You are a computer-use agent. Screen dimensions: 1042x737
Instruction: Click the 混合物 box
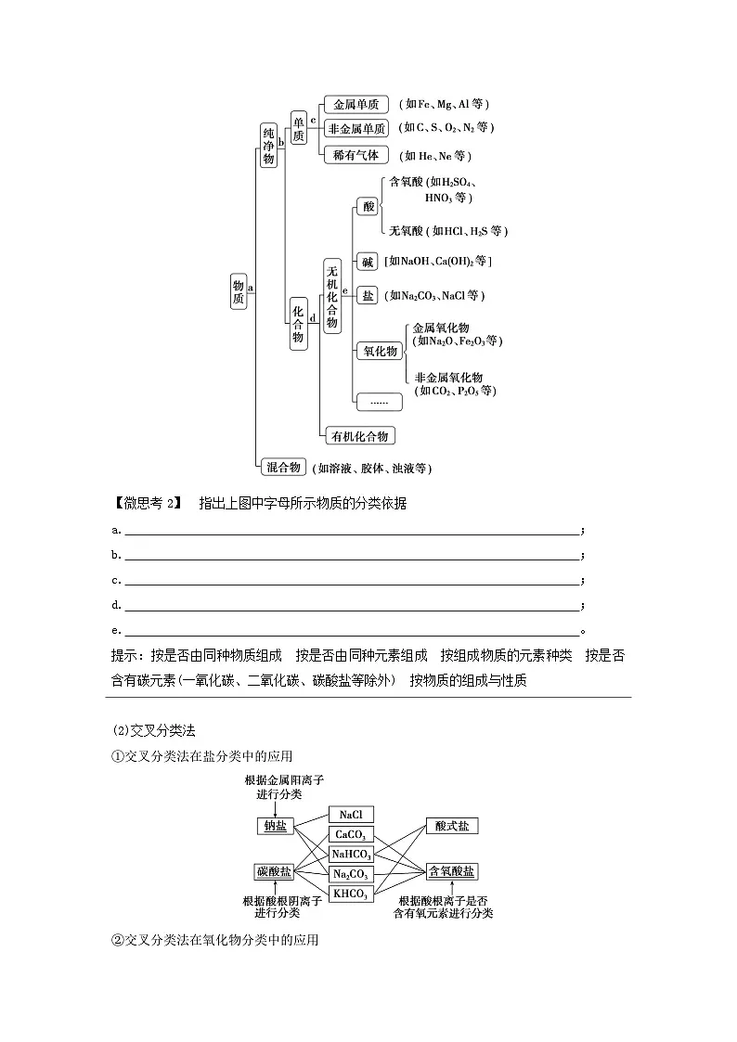point(281,467)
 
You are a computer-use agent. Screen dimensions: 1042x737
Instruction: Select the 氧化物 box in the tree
point(379,351)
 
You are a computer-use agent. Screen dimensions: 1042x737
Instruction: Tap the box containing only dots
point(379,402)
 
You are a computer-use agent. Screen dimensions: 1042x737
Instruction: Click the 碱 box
point(368,262)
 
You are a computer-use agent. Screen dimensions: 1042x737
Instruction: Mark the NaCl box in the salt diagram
point(350,815)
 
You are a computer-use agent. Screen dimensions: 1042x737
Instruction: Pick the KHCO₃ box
point(351,894)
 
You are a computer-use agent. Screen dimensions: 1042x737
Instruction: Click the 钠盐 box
point(275,825)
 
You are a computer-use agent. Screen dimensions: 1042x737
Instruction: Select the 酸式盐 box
point(451,825)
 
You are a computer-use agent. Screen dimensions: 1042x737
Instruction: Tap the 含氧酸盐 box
point(451,871)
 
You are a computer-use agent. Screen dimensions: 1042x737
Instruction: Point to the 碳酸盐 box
point(274,871)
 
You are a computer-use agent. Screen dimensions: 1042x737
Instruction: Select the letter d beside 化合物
point(313,318)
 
